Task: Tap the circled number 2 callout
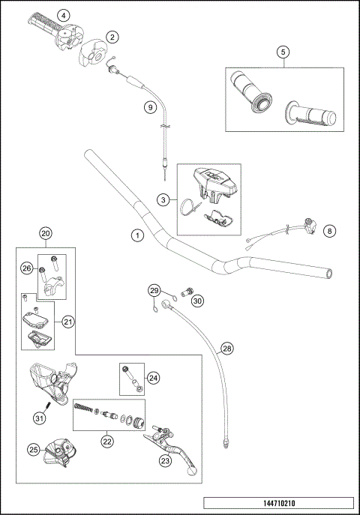click(112, 36)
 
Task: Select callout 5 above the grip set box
click(283, 52)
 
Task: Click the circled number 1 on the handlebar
click(137, 235)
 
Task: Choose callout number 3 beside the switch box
click(162, 199)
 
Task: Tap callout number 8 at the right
click(329, 232)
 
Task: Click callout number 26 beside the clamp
click(26, 268)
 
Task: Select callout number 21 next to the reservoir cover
click(67, 322)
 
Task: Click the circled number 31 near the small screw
click(38, 418)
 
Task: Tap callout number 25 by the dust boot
click(34, 450)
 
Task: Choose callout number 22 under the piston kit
click(107, 442)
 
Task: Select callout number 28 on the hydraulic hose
click(227, 349)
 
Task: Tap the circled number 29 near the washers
click(154, 290)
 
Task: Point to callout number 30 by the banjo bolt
click(197, 301)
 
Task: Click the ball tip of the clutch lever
click(193, 475)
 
